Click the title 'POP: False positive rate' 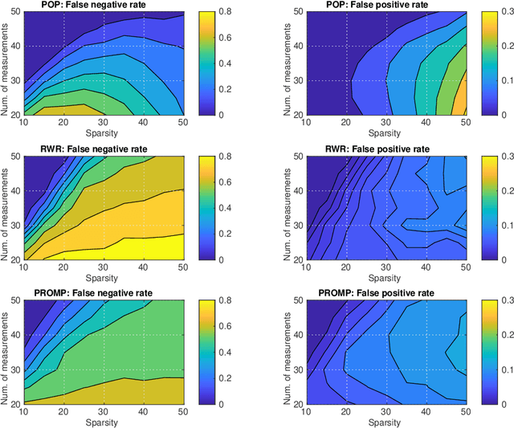376,5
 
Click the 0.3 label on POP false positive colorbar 499,13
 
